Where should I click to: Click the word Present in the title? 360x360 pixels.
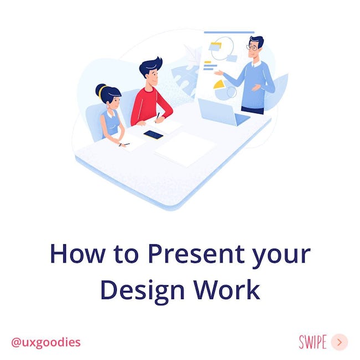coord(196,254)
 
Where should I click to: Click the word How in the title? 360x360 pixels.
coord(78,254)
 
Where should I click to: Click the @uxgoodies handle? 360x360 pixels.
coord(46,342)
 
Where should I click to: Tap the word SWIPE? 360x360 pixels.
coord(313,342)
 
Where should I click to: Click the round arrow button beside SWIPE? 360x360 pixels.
coord(340,342)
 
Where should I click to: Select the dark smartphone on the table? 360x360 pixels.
coord(153,135)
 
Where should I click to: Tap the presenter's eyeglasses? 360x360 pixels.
coord(252,48)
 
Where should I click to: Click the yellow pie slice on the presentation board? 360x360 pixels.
coord(219,84)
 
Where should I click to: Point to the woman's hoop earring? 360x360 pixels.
coord(108,106)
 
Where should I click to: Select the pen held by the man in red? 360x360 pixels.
coord(157,117)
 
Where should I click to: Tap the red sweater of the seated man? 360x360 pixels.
coord(151,106)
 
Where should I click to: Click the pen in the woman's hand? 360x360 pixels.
coord(124,145)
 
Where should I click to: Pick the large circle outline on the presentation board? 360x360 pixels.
coord(223,48)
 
